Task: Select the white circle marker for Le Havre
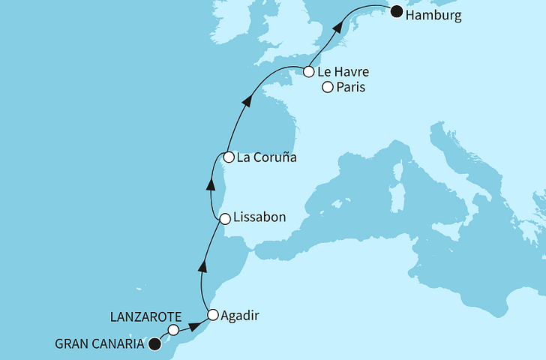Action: pos(308,72)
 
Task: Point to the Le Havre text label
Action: pos(343,73)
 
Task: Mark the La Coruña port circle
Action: pos(228,157)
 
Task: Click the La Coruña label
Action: pos(266,158)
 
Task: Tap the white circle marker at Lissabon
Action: pos(224,218)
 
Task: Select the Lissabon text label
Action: pos(260,219)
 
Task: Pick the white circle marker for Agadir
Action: pos(213,315)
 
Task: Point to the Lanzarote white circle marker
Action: pos(173,330)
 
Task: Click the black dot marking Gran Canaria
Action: pos(154,344)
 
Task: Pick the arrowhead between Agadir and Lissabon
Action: pos(202,264)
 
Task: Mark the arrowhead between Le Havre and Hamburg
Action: pos(339,27)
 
